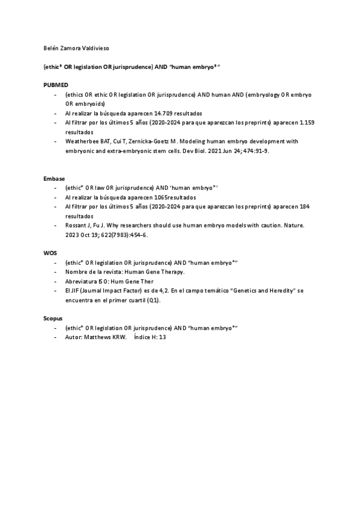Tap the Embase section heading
tap(55, 179)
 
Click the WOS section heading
tap(50, 253)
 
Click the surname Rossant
tap(76, 225)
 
